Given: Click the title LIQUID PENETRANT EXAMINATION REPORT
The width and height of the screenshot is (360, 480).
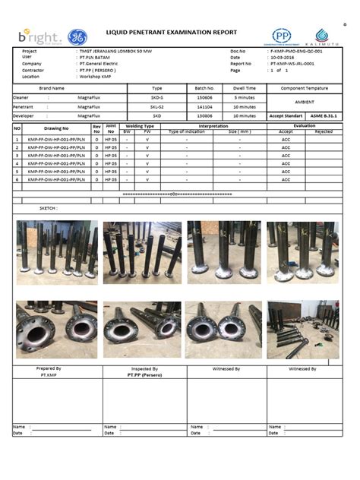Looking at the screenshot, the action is (x=172, y=33).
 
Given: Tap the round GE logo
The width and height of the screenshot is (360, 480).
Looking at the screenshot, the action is (x=77, y=37).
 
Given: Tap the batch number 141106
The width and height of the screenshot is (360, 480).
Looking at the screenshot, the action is (x=205, y=107).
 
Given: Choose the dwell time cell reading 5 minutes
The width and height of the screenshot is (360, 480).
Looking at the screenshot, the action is (x=244, y=98).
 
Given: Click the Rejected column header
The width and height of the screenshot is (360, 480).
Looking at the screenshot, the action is (x=324, y=131).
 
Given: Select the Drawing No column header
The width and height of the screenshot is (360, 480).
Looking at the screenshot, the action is (x=56, y=129).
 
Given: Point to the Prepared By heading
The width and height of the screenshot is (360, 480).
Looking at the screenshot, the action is (x=49, y=368).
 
